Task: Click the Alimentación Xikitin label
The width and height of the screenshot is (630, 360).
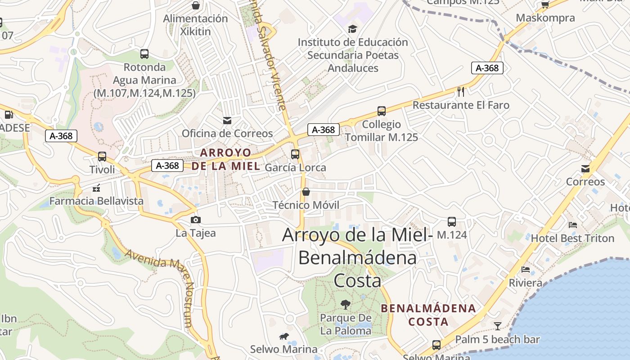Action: point(195,25)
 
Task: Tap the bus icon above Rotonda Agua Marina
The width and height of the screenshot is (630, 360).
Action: point(144,54)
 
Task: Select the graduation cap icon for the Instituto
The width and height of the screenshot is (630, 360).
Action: point(352,29)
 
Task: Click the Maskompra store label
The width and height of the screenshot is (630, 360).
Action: point(545,18)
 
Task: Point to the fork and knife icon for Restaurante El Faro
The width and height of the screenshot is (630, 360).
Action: point(461,92)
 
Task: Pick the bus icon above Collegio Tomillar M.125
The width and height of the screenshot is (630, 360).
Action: point(382,111)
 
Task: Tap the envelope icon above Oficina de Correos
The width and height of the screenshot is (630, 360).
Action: point(227,120)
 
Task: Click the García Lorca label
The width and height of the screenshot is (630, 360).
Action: point(295,167)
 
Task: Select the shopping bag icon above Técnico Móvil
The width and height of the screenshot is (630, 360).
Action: point(306,192)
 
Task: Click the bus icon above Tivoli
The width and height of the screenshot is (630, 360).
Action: point(102,157)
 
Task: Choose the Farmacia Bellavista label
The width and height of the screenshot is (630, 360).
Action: point(96,201)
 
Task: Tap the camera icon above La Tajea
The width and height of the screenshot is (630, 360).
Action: point(196,220)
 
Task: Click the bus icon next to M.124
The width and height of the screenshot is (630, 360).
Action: point(452,222)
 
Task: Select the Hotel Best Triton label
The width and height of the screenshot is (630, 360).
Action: point(572,238)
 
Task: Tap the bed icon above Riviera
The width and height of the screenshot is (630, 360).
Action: point(525,270)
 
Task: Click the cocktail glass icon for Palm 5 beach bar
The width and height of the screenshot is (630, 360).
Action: point(498,326)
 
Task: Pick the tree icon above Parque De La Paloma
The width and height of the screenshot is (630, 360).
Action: point(346,305)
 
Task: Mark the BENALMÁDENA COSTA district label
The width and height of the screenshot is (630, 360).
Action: point(428,315)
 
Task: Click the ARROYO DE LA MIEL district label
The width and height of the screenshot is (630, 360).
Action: point(225,159)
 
